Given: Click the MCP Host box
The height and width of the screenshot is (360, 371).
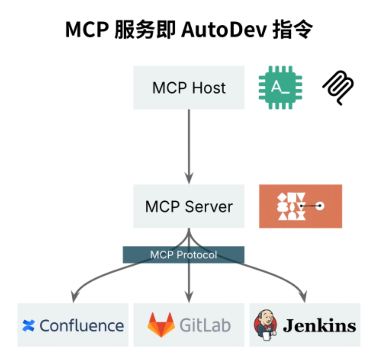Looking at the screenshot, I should click(188, 88).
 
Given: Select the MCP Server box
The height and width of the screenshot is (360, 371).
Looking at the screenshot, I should click(188, 206).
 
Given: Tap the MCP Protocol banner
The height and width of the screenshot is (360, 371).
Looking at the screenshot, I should click(183, 255).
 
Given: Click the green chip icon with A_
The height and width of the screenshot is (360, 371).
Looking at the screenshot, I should click(280, 88).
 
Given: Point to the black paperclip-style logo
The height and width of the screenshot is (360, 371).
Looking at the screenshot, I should click(338, 88).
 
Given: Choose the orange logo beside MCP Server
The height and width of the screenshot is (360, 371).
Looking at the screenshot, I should click(300, 206).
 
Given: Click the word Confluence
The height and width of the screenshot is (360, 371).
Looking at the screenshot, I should click(82, 325).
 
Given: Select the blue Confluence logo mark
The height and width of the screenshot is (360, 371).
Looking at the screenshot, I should click(28, 325).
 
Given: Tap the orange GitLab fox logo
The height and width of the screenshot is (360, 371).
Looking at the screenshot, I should click(161, 324).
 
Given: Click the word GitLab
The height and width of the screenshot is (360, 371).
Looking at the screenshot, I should click(205, 325).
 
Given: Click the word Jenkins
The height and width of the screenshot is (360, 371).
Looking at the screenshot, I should click(319, 325).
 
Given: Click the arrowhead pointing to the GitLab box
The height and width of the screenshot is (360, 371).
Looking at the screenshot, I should click(189, 297).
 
